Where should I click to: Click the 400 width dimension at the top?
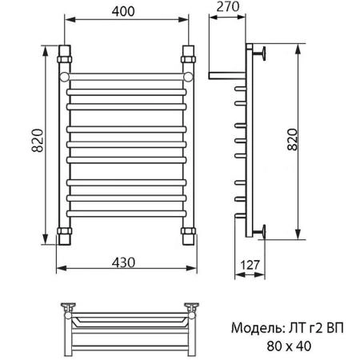pos(123,10)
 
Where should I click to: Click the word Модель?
pos(254,328)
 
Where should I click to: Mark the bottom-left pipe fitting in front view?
pos(64,234)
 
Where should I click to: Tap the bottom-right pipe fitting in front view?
pos(189,234)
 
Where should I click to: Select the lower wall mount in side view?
pos(261,233)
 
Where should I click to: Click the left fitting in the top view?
pos(70,307)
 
